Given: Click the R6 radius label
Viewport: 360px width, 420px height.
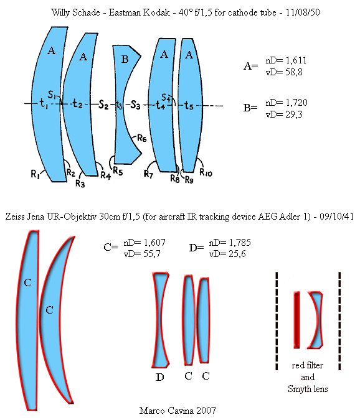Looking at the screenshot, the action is (x=142, y=138).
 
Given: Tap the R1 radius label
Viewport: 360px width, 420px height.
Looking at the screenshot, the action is (x=36, y=174).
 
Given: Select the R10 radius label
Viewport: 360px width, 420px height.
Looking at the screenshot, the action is (x=206, y=172).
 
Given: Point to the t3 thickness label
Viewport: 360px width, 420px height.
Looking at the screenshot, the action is (x=119, y=105).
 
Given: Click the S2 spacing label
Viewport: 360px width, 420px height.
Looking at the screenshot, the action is (x=103, y=104).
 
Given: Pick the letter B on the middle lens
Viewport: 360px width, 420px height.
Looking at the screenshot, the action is (x=125, y=59).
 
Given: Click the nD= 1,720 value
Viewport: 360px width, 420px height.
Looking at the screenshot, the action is (x=287, y=103).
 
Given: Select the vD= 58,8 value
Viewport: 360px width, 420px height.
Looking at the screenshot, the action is (x=284, y=72).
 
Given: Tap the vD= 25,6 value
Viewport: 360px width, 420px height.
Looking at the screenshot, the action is (x=227, y=254).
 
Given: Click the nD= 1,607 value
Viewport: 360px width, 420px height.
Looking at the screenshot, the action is (x=144, y=243).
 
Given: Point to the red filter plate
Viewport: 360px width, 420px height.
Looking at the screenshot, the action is (x=296, y=320).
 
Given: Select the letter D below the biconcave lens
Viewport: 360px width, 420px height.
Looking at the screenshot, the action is (x=160, y=377).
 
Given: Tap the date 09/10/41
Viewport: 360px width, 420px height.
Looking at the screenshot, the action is (x=337, y=217).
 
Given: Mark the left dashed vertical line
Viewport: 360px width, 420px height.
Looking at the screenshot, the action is (x=277, y=321).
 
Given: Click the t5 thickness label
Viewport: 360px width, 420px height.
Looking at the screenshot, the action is (x=189, y=106).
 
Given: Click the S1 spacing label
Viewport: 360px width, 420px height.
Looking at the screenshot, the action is (x=52, y=95).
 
